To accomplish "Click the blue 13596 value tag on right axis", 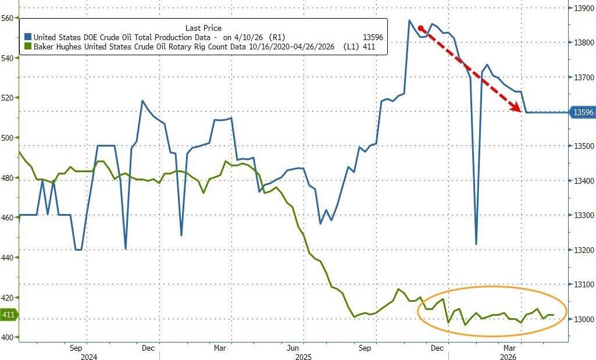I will pos(583,112).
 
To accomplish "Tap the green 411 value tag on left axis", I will pos(8,315).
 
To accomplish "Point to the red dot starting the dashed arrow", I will pos(421,28).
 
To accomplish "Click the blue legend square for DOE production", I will pos(27,37).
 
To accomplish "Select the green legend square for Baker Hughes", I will pos(27,47).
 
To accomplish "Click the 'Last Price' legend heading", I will pos(203,28).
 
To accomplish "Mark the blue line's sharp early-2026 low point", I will pos(476,244).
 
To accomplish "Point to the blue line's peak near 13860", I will pos(409,21).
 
